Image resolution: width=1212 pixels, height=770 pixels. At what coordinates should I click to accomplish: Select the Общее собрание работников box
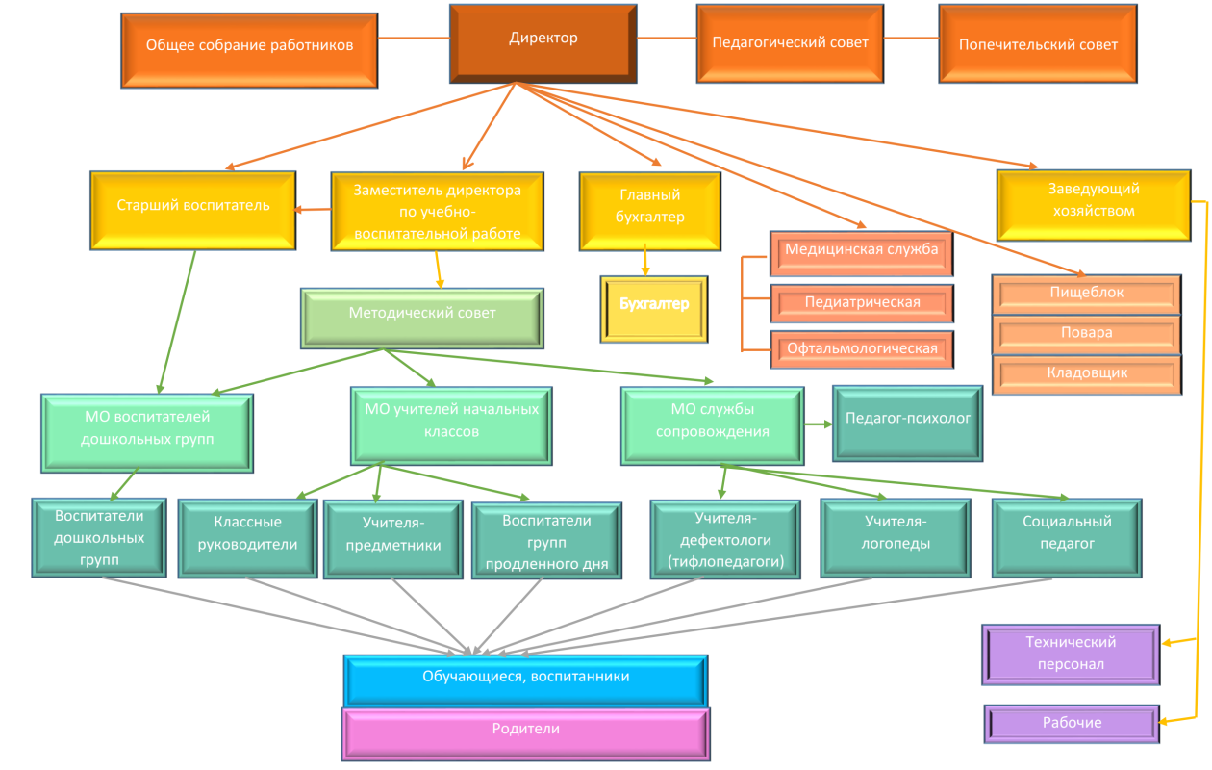(x=249, y=46)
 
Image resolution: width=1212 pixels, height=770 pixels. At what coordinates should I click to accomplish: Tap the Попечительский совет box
(x=1038, y=45)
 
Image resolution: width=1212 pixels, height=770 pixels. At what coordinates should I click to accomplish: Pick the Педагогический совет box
(x=790, y=43)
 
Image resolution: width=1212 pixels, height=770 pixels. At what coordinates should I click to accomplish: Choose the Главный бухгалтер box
(x=649, y=211)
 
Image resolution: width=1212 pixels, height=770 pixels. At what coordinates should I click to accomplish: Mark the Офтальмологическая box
(x=862, y=348)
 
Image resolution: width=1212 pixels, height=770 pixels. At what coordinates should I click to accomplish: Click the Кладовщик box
(x=1086, y=373)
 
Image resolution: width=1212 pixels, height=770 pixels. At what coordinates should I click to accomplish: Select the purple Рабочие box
(x=1072, y=723)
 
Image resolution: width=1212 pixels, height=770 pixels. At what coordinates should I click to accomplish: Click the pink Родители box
(x=525, y=731)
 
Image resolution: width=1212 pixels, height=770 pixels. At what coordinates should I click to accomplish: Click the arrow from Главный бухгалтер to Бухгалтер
(x=644, y=262)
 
